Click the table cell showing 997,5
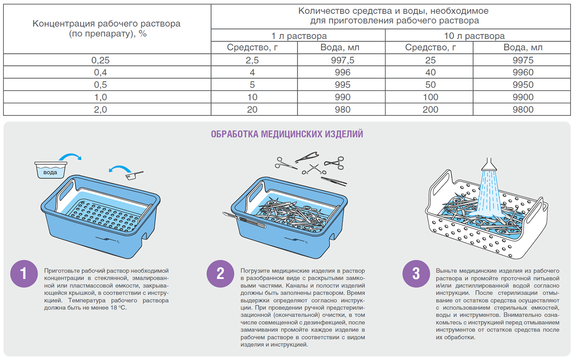(342, 60)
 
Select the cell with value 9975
(523, 60)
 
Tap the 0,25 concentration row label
(100, 60)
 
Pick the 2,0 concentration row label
(100, 109)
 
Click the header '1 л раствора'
(299, 36)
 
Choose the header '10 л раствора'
(474, 36)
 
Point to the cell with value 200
(430, 109)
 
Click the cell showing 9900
(523, 97)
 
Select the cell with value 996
(342, 72)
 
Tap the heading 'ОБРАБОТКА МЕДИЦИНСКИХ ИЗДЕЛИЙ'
(287, 134)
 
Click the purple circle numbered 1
(24, 274)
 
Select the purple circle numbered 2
(220, 274)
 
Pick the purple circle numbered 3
(416, 274)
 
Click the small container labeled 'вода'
(51, 171)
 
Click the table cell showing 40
(430, 72)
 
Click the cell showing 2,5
(252, 60)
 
